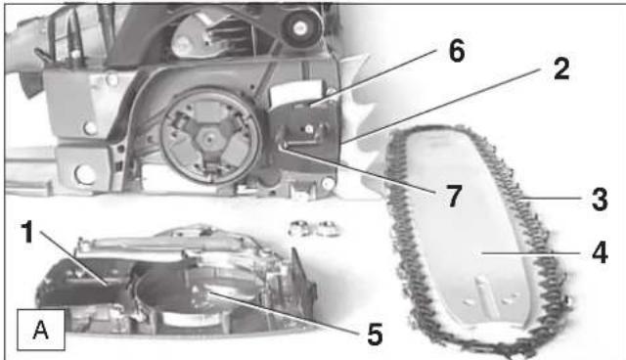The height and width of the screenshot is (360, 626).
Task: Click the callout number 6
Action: point(457,51)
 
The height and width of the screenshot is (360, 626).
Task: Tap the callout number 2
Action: point(561,68)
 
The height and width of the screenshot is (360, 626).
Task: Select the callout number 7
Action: point(453,197)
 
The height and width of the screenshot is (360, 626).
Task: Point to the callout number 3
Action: point(600,199)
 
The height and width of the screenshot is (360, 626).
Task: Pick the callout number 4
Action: point(600,252)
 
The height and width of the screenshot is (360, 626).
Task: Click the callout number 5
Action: point(375,334)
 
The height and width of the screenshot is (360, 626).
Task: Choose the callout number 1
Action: point(27,232)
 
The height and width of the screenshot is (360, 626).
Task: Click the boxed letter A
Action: point(41,330)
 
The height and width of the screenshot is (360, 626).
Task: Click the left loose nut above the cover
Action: point(300,228)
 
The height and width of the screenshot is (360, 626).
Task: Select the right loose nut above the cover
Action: point(328,228)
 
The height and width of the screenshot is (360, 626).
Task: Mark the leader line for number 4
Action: point(531,253)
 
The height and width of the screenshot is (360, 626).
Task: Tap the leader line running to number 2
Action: point(441,106)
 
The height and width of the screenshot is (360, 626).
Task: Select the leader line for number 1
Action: point(73,258)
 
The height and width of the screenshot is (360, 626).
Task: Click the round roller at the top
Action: point(299,27)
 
